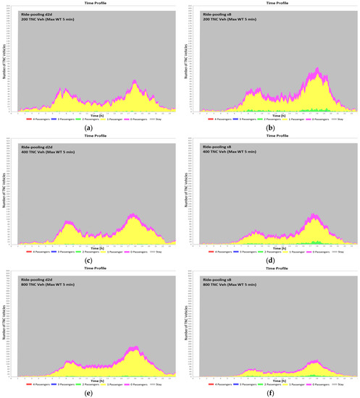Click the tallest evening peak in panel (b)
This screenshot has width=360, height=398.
(x=317, y=69)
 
